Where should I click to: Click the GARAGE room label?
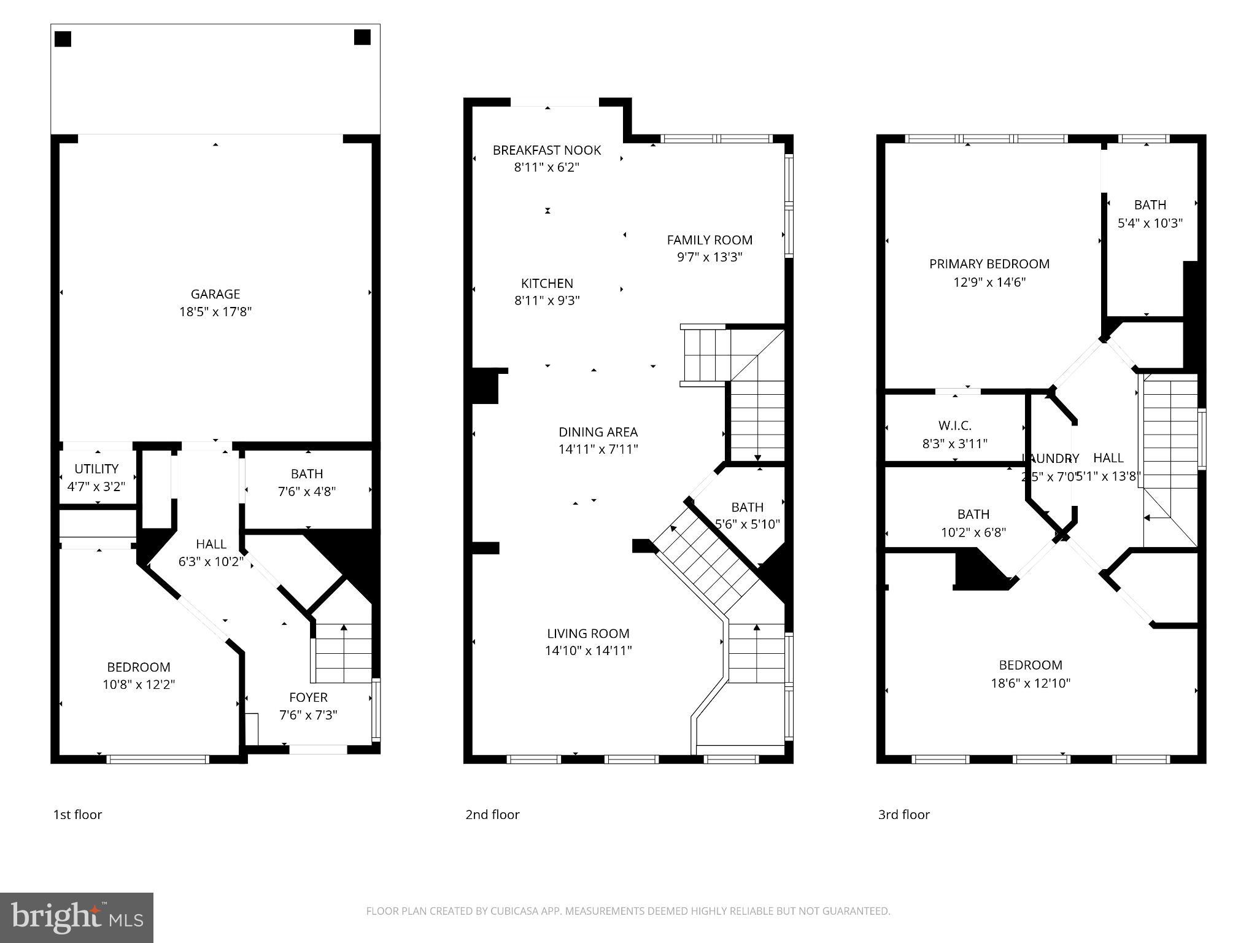coord(215,294)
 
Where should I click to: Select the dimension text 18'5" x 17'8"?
coord(215,312)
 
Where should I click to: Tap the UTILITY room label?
coord(96,469)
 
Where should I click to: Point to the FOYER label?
coord(308,697)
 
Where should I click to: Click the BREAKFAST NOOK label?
coord(547,150)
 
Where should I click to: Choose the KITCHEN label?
coord(547,284)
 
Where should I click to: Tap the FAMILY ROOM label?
coord(710,240)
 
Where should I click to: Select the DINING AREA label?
coord(598,432)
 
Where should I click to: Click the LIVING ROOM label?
coord(588,634)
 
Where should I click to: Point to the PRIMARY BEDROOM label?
coord(989,264)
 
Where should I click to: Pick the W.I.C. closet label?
coord(954,425)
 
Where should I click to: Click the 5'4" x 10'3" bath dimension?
coord(1150,223)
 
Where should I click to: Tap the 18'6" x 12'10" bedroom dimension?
coord(1030,683)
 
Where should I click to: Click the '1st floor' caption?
coord(77,815)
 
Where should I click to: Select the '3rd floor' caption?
coord(903,815)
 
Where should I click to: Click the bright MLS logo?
coord(77,918)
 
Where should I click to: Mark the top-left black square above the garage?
coord(63,39)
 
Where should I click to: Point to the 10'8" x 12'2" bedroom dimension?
coord(139,685)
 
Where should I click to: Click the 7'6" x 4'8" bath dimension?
coord(306,491)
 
